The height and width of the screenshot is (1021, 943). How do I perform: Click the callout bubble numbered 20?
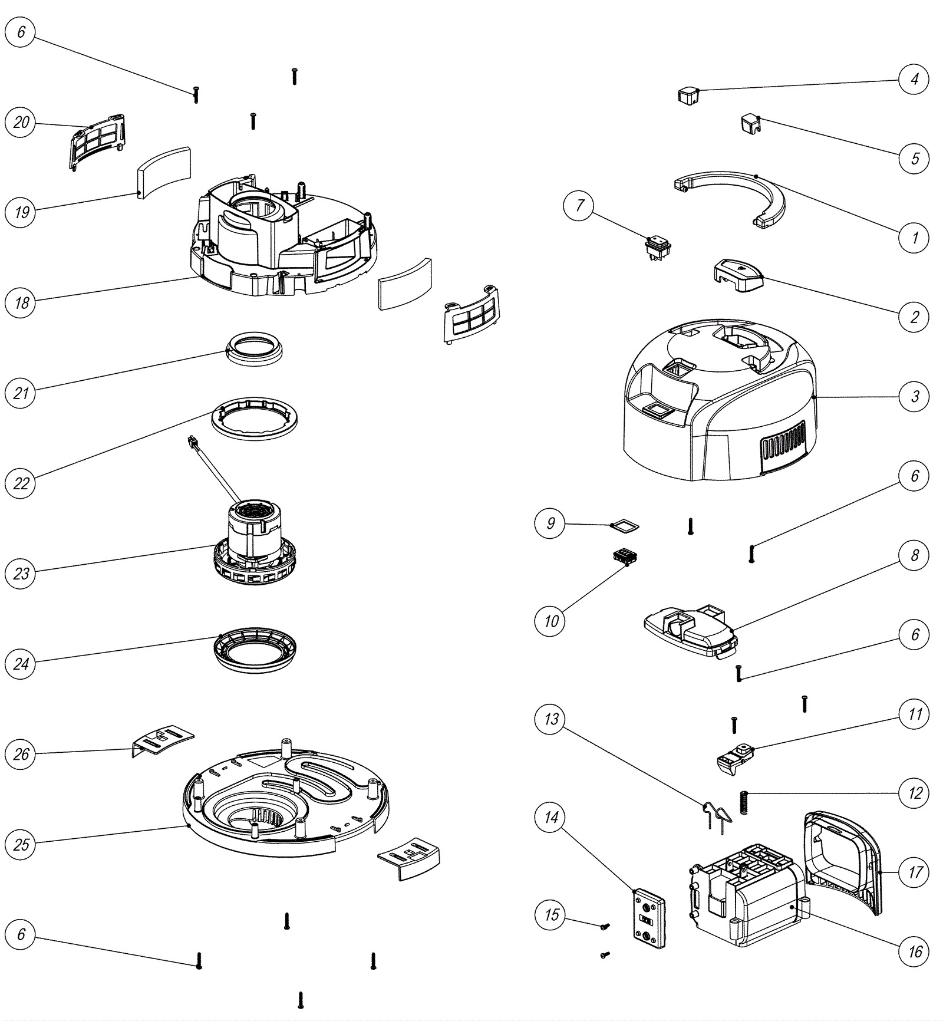[x=21, y=123]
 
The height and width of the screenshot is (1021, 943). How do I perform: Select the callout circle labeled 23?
[x=21, y=574]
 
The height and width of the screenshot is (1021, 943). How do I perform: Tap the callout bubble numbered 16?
[x=914, y=951]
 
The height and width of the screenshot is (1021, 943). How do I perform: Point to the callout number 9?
[x=550, y=523]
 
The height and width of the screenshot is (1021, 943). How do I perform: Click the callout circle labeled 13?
[x=550, y=719]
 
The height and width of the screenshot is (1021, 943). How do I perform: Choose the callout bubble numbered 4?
[x=914, y=79]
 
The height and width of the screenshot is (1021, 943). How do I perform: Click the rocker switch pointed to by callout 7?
[x=657, y=248]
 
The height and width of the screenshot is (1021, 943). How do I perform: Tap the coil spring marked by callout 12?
[x=744, y=803]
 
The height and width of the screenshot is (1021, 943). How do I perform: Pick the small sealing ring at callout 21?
[x=255, y=348]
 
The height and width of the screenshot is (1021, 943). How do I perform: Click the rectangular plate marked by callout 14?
[x=649, y=920]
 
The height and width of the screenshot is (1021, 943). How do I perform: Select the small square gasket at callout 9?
[x=624, y=525]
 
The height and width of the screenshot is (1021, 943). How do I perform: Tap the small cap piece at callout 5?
[x=750, y=124]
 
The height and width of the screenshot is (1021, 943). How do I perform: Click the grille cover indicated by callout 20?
[x=98, y=140]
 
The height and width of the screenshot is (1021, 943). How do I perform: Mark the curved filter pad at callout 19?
[x=164, y=172]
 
